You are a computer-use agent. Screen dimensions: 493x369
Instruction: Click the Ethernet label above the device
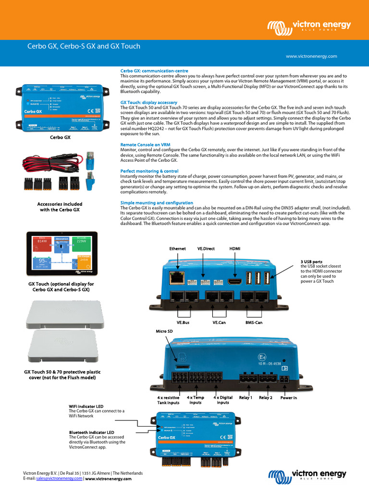click(x=177, y=248)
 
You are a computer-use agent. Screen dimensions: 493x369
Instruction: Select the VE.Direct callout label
click(x=206, y=248)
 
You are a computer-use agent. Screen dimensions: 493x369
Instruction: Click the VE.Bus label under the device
click(x=183, y=322)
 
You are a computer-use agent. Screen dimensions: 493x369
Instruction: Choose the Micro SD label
click(x=164, y=331)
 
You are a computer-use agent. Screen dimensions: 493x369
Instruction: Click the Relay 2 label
click(x=266, y=398)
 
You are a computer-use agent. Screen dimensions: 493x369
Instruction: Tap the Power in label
click(x=288, y=398)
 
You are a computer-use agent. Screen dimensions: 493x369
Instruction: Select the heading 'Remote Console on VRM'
click(x=145, y=144)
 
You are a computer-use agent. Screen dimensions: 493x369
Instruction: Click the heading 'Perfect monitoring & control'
click(x=149, y=171)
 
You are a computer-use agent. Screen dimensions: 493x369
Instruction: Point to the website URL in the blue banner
click(x=311, y=56)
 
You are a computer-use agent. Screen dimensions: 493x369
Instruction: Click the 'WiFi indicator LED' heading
click(x=86, y=406)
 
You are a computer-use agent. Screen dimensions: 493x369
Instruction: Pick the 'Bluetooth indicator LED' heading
click(x=91, y=432)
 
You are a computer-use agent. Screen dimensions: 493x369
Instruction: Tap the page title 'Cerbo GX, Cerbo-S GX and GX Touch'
click(x=83, y=46)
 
